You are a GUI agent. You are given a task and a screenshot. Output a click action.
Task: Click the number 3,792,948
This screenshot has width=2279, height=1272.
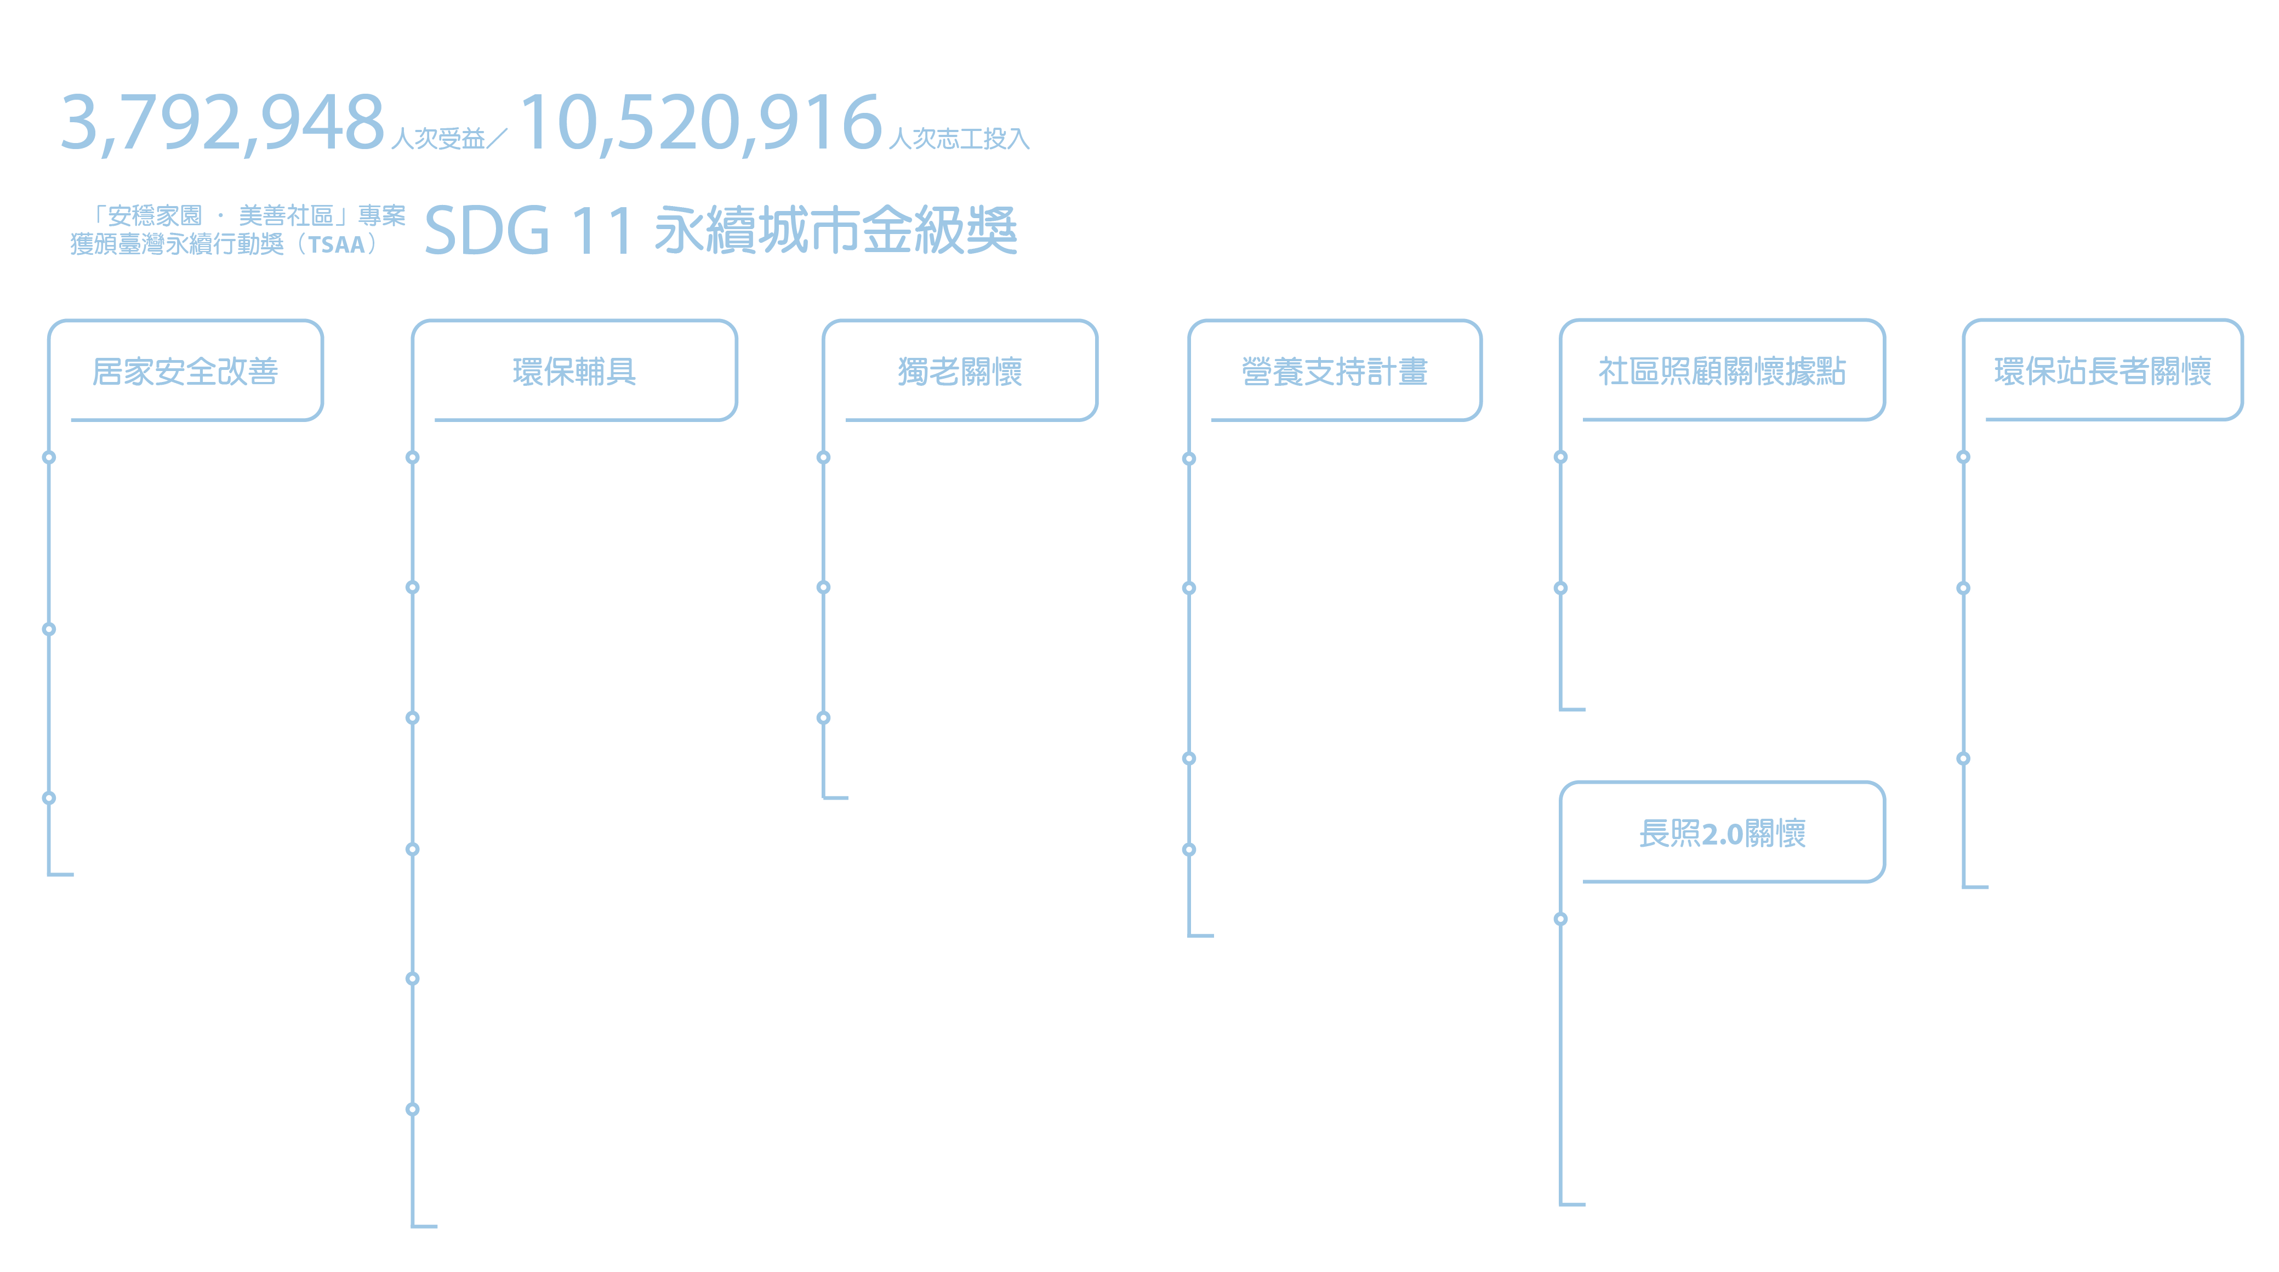pyautogui.click(x=222, y=124)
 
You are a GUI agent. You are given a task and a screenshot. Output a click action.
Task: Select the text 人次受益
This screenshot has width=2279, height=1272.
pyautogui.click(x=438, y=139)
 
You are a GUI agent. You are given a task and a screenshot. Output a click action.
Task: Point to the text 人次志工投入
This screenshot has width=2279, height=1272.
pyautogui.click(x=959, y=139)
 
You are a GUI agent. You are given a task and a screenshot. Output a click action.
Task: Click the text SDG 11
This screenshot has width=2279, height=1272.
pyautogui.click(x=529, y=230)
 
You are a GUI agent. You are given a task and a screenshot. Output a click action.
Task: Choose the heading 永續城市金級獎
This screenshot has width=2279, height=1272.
pyautogui.click(x=836, y=230)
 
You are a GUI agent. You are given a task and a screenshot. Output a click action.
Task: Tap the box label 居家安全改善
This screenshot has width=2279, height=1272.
pyautogui.click(x=186, y=372)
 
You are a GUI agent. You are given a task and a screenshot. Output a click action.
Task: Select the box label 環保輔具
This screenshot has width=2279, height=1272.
pyautogui.click(x=574, y=372)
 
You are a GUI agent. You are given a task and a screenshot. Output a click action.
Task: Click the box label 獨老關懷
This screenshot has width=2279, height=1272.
pyautogui.click(x=960, y=372)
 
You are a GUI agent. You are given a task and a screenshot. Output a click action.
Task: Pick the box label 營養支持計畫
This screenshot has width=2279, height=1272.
pyautogui.click(x=1335, y=372)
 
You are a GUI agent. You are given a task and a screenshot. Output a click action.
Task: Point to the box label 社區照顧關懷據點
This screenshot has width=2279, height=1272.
pyautogui.click(x=1723, y=372)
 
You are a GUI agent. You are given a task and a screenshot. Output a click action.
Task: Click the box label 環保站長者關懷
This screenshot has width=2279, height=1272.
pyautogui.click(x=2103, y=372)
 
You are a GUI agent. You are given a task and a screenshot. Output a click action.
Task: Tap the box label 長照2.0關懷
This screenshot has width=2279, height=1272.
pyautogui.click(x=1723, y=833)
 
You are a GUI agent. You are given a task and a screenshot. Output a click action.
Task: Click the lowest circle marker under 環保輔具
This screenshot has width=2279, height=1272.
pyautogui.click(x=412, y=1109)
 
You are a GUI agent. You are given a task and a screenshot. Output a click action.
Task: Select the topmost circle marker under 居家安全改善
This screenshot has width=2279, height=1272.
pyautogui.click(x=49, y=457)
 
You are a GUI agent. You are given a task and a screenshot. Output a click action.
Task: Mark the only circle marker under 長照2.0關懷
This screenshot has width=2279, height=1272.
pyautogui.click(x=1560, y=919)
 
